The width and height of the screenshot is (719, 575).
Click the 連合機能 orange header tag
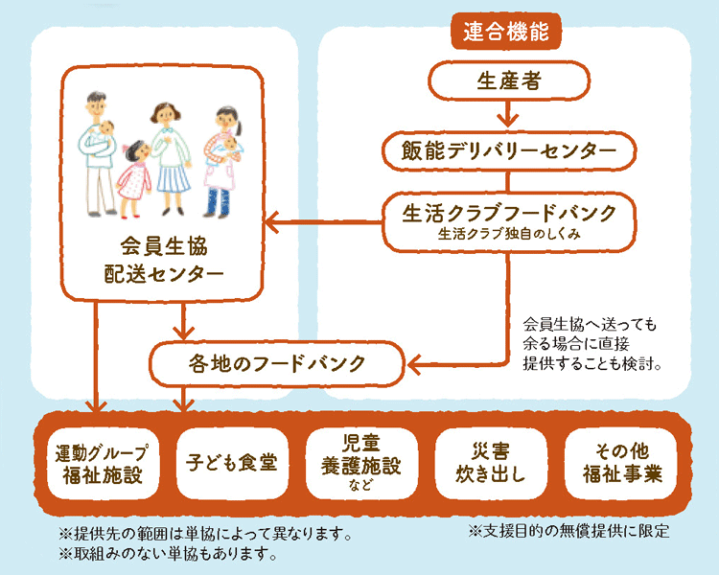[506, 32]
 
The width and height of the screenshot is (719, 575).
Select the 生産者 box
[509, 81]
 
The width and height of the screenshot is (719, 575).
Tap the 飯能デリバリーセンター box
[509, 151]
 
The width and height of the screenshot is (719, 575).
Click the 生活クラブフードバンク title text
[509, 214]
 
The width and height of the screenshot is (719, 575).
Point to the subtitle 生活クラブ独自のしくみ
[509, 234]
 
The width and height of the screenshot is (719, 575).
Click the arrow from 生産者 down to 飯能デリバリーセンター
[508, 113]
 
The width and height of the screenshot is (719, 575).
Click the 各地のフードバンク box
[276, 363]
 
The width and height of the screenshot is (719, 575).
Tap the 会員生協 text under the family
[164, 246]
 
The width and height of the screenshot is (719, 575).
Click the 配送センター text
[164, 274]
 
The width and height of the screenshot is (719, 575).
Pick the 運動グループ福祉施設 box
[103, 464]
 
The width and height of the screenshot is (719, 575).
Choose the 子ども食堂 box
[232, 464]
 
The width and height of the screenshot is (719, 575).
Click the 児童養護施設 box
[361, 464]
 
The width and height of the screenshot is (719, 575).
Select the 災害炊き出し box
[491, 464]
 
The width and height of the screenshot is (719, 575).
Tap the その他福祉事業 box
[620, 464]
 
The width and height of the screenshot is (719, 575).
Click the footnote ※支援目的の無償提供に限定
[569, 531]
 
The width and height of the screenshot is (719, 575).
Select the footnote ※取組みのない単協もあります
[169, 554]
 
